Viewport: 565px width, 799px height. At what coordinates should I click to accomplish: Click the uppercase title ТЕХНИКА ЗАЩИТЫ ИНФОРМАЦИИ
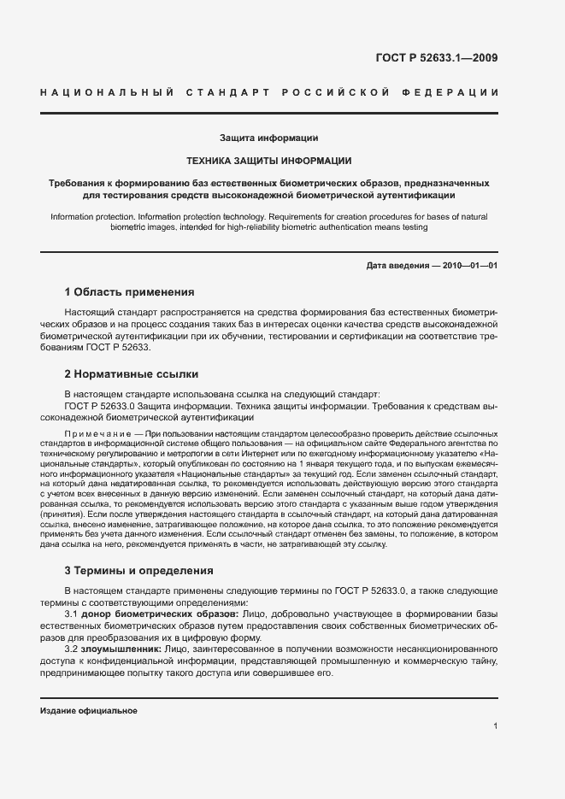(x=269, y=160)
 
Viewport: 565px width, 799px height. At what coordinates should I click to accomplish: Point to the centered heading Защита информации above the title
(x=269, y=137)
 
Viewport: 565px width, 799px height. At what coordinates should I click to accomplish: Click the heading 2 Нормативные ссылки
(x=132, y=373)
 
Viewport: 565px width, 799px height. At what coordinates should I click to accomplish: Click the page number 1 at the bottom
(x=495, y=726)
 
